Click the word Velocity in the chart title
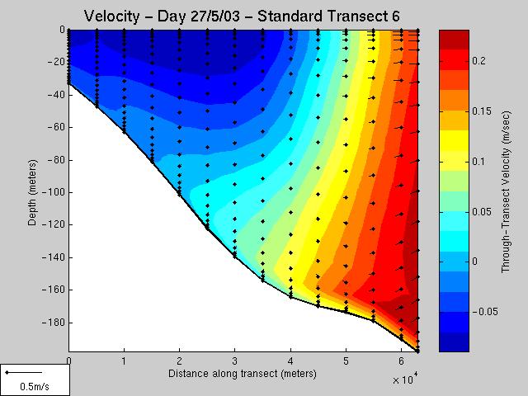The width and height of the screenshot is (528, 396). tap(111, 16)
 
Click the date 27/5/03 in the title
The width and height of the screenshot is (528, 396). tap(214, 16)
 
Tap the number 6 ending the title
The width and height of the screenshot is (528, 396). tap(395, 16)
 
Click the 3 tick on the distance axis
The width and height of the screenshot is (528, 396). tap(235, 361)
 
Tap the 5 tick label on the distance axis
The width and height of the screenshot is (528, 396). tap(346, 361)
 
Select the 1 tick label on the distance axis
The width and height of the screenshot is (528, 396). tap(125, 361)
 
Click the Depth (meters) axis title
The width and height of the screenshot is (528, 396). tap(32, 192)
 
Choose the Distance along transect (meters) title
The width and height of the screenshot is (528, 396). tap(243, 374)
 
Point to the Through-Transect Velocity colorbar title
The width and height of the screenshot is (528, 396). tap(506, 192)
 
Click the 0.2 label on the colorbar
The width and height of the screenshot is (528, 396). tap(478, 60)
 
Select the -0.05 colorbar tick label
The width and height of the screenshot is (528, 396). tap(485, 312)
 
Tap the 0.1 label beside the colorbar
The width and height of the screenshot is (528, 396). tap(478, 162)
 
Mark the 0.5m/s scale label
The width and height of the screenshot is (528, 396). tap(35, 386)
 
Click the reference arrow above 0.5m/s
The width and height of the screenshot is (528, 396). tap(24, 372)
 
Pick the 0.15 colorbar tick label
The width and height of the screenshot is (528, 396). tap(482, 111)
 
